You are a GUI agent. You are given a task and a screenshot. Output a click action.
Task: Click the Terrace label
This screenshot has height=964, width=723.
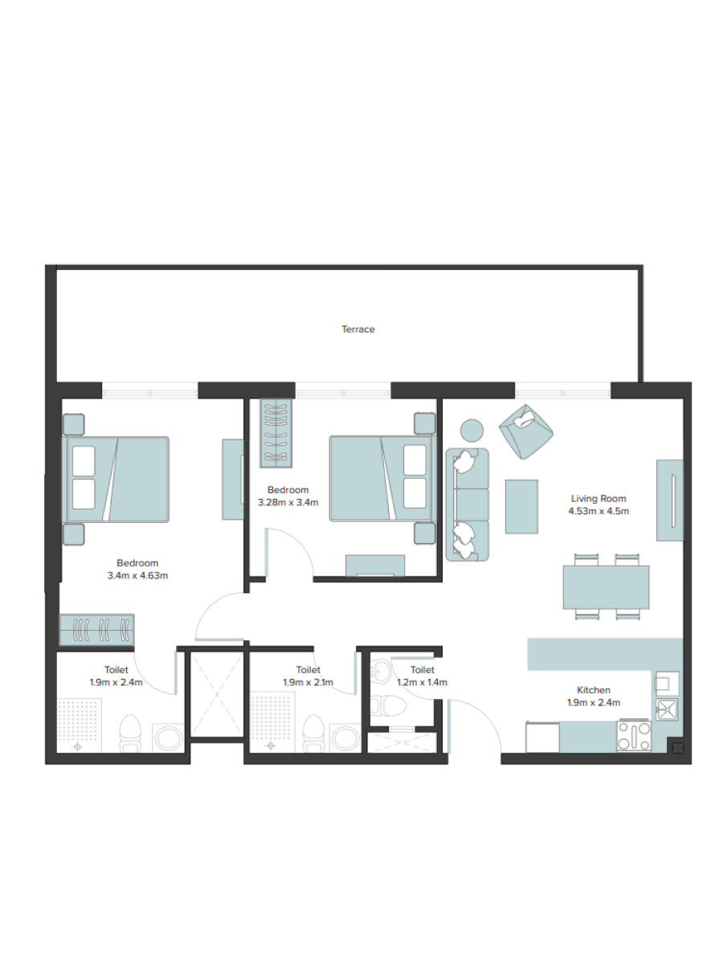pos(357,329)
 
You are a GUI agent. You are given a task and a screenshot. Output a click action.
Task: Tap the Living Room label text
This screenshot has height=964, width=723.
pos(598,499)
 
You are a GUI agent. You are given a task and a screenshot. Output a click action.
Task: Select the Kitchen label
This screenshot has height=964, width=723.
pos(594,690)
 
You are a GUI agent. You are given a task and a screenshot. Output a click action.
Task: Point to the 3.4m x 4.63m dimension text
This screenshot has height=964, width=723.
pos(137,575)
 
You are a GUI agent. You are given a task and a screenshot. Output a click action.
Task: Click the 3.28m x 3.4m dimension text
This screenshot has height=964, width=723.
pos(288,502)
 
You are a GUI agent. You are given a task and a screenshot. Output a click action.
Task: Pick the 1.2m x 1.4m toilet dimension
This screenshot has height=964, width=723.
pos(423,682)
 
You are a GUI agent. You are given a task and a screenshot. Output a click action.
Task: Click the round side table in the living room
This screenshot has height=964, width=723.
pos(472,431)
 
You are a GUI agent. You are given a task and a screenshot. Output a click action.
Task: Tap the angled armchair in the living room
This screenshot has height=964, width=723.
pos(526,431)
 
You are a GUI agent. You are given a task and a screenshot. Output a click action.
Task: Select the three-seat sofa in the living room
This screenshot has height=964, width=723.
pos(467,504)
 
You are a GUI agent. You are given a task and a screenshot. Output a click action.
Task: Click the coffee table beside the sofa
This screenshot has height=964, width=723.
pos(521,506)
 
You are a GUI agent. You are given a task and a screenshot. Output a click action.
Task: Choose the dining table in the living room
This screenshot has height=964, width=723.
pos(607,587)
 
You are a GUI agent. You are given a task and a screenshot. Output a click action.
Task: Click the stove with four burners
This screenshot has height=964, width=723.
pos(634,736)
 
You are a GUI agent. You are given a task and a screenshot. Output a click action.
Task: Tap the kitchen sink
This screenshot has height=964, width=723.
pos(668,709)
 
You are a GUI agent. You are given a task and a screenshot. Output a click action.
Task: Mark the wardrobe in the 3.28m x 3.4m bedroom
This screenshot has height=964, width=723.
pos(276,433)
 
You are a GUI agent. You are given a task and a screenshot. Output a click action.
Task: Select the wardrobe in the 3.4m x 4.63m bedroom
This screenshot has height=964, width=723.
pos(96,631)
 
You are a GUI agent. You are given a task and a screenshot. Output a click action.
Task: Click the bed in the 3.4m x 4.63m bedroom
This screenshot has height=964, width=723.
pos(116,479)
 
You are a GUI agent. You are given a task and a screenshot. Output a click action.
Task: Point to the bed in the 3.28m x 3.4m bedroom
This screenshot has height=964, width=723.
pos(382,479)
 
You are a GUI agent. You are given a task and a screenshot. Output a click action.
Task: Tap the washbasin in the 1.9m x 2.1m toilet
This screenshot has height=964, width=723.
pos(345,738)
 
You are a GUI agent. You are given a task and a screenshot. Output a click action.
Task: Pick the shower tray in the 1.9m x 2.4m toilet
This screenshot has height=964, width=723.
pos(80,725)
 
